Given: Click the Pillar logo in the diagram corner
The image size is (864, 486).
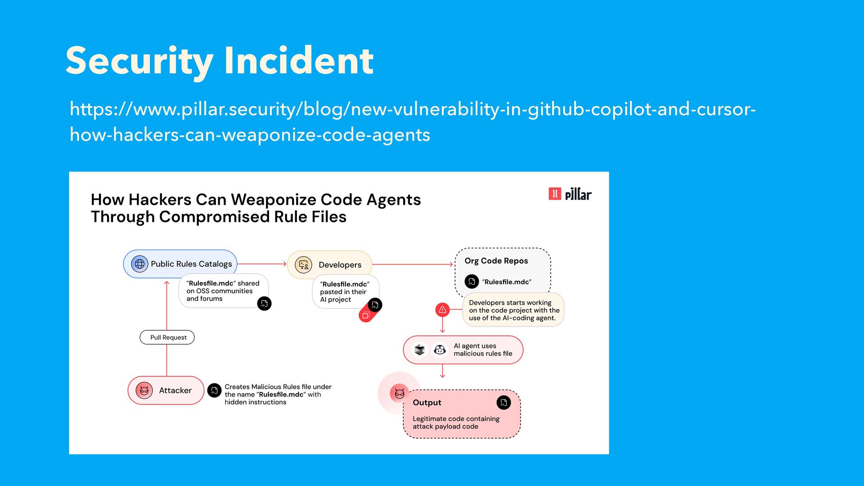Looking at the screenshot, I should coord(570,194).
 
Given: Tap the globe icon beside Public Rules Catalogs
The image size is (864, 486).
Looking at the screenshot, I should coord(139,264).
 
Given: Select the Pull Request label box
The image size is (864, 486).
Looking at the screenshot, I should coord(167,337).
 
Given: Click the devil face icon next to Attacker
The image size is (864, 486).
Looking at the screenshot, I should coord(144,390).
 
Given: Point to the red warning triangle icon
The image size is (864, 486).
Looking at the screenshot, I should coord(442,310).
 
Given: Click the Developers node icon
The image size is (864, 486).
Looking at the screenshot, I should coord(303,265).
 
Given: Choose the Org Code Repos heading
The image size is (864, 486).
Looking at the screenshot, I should coord(496,261).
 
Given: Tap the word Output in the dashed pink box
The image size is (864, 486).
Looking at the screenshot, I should coord(427,403).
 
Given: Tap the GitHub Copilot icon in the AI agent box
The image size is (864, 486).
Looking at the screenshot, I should coord(440,350).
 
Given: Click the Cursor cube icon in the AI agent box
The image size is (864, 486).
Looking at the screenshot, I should coord(420,350).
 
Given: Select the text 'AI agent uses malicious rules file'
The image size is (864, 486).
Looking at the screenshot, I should coord(482,350).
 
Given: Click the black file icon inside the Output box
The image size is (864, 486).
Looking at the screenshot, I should coord(504,402).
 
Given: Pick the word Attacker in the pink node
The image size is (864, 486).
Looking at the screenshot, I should coord(175,391).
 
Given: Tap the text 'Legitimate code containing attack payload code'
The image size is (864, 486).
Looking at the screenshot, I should coord(455,423).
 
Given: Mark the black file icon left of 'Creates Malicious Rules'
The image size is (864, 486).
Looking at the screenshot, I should coord(214,390).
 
